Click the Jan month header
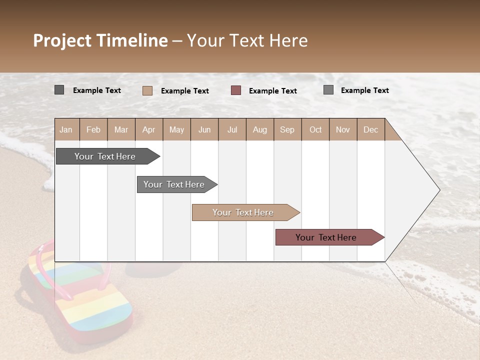point(66,129)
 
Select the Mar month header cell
point(121,129)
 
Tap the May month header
point(176,129)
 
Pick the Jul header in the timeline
point(232,129)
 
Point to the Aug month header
point(259,129)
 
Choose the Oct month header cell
point(315,129)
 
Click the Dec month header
point(370,129)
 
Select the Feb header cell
point(93,129)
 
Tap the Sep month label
point(287,129)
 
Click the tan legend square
point(147,90)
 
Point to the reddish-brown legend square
point(236,90)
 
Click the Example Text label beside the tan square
point(184,91)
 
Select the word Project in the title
point(62,40)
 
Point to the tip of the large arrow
point(439,190)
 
